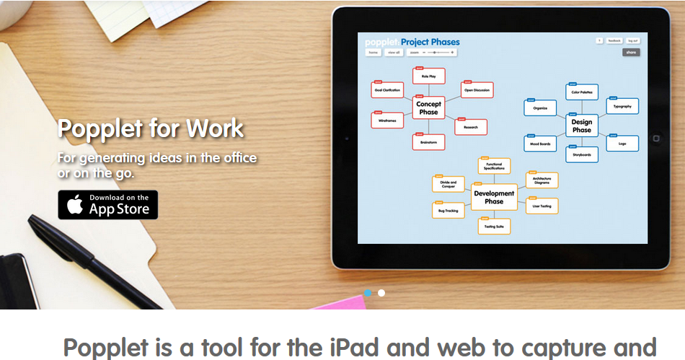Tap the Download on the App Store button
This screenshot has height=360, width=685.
point(107,205)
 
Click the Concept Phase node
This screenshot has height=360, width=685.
point(428,108)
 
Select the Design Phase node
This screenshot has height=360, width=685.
point(581,126)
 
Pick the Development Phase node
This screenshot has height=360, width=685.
point(494,197)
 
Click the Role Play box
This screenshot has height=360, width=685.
point(429,76)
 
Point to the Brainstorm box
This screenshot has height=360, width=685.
point(428,142)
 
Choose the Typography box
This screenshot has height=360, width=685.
point(622,107)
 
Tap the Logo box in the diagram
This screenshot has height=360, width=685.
point(622,143)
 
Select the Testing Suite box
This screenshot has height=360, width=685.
point(494,227)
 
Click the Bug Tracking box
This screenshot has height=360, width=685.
point(448,211)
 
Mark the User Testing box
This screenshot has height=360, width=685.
point(542,206)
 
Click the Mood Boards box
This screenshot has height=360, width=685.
point(540,144)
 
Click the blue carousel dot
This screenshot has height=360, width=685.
point(368,293)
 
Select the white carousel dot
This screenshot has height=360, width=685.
point(381,293)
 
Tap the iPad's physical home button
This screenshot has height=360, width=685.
point(656,138)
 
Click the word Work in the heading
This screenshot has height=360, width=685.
point(215,129)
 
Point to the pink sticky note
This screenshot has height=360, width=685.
point(339,302)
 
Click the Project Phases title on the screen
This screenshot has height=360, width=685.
point(430,42)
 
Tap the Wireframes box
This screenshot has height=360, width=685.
point(387,120)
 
